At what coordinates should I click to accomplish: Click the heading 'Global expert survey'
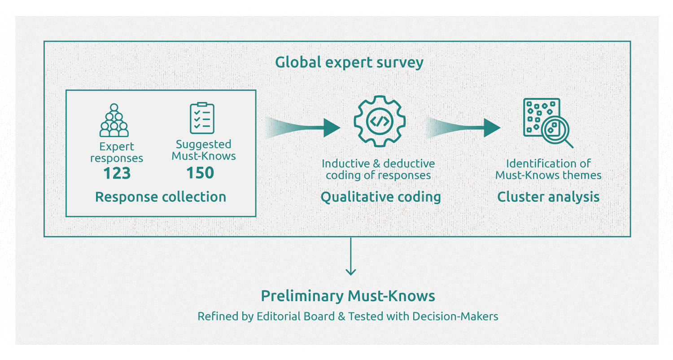(x=349, y=62)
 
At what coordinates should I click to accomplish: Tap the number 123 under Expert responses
(x=117, y=173)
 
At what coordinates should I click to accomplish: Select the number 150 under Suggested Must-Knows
(x=200, y=173)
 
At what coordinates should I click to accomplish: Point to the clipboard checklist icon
(x=202, y=118)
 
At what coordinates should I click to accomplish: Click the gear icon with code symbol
(x=380, y=121)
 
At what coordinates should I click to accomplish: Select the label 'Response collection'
(x=161, y=197)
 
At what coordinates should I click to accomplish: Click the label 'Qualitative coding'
(x=380, y=197)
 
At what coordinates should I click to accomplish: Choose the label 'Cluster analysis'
(x=548, y=197)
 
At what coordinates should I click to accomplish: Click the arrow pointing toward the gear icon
(x=305, y=128)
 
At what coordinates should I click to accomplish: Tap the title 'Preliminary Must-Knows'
(x=348, y=296)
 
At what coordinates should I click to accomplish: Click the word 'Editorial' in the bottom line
(x=279, y=316)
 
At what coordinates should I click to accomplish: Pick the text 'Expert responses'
(x=117, y=152)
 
